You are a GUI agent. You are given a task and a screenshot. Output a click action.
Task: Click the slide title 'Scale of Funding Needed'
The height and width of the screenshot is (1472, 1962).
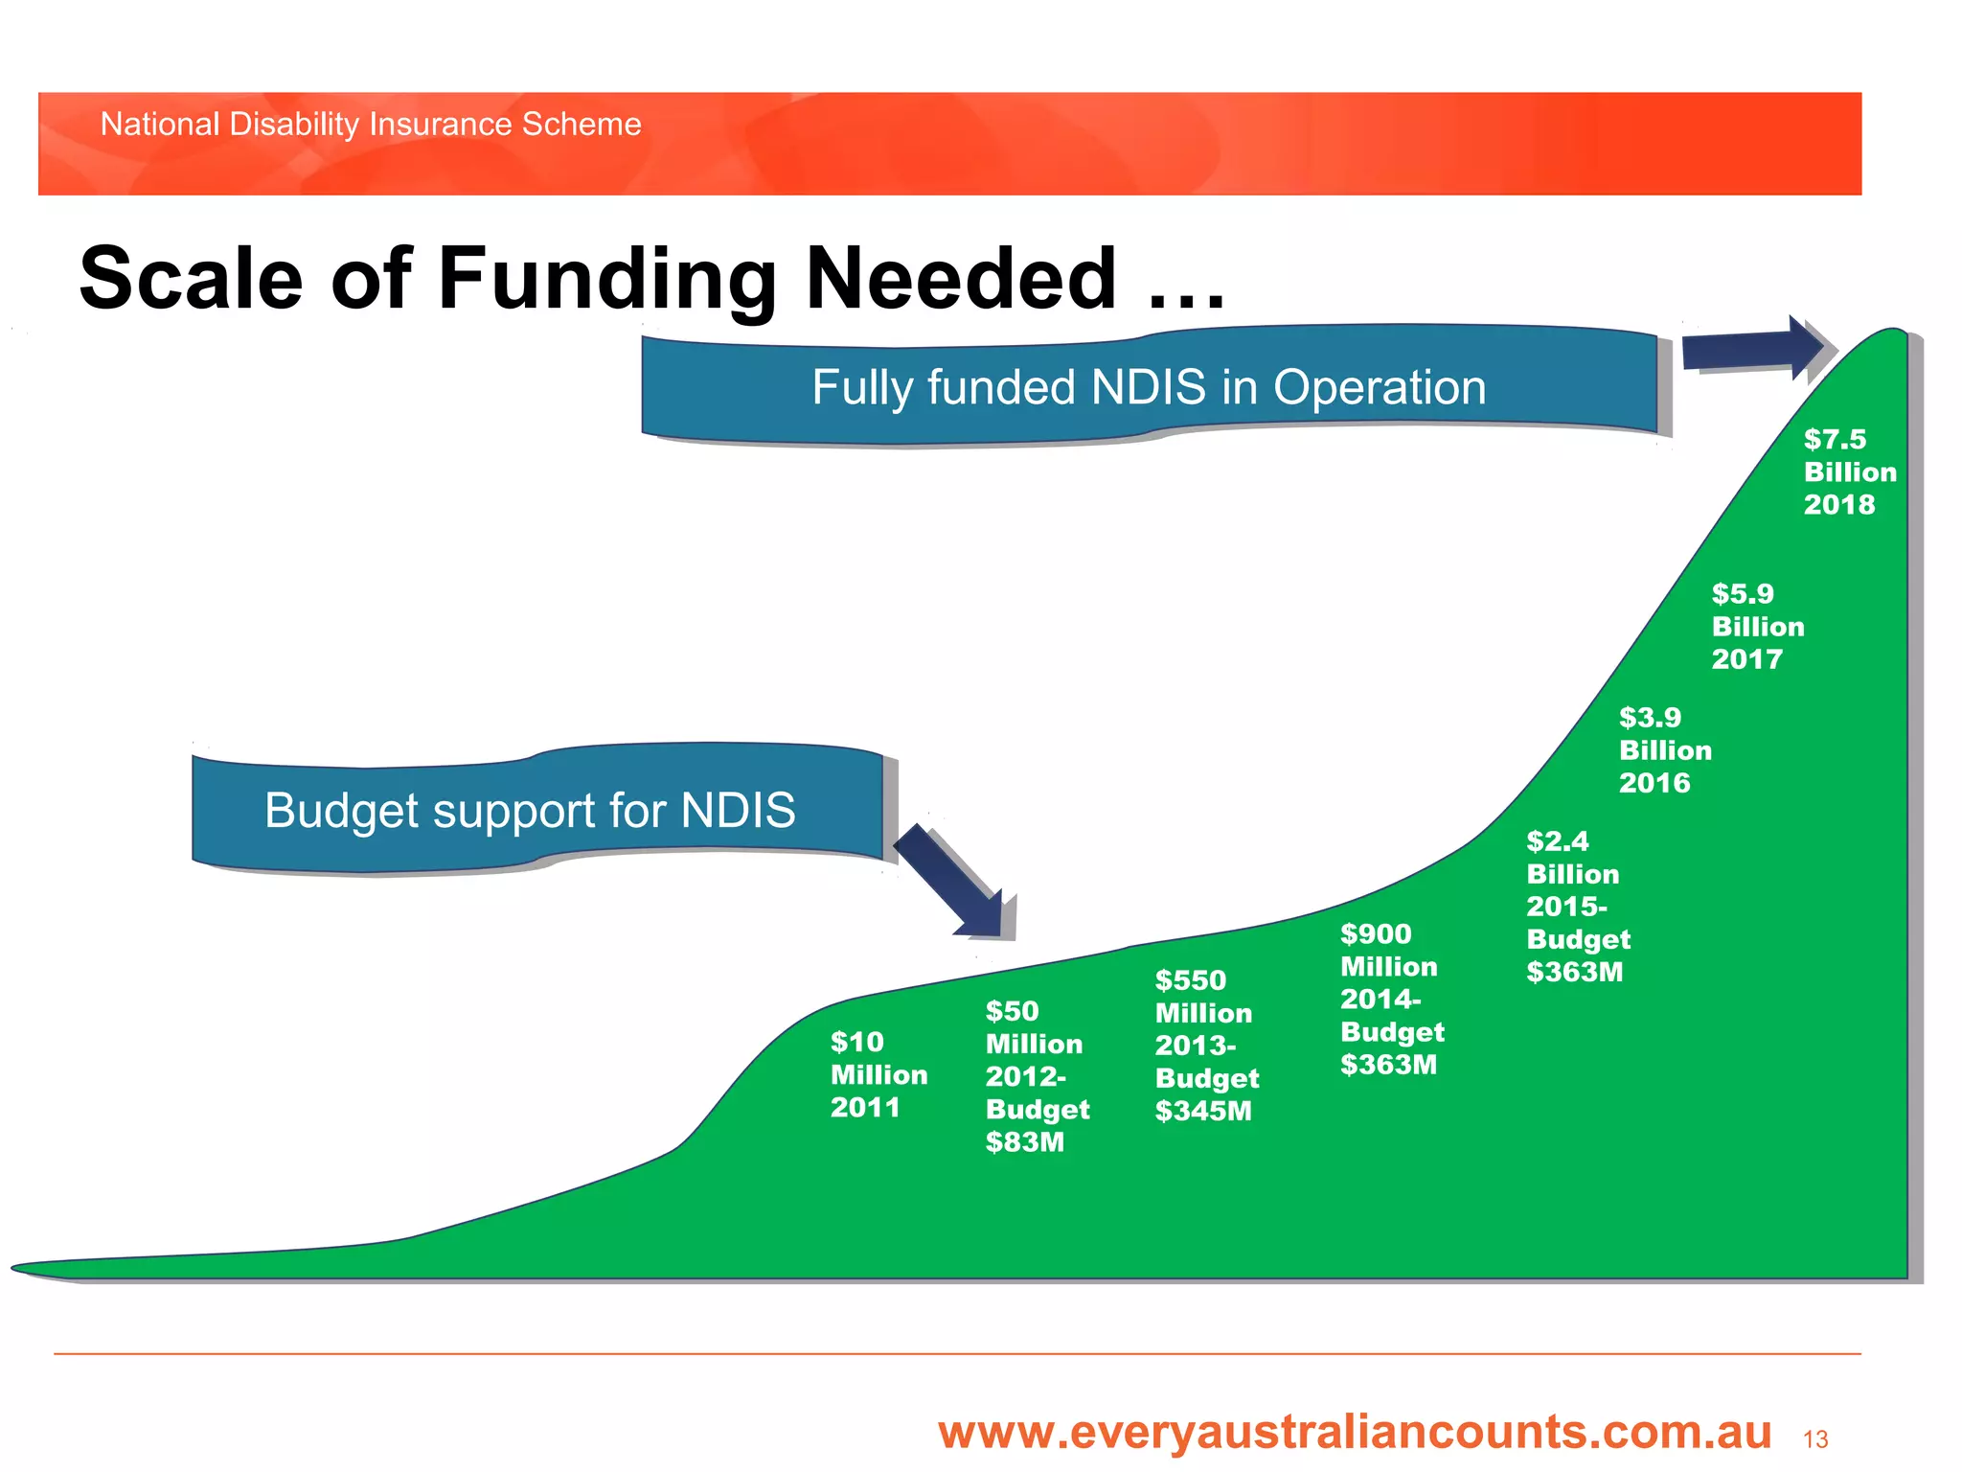pos(651,280)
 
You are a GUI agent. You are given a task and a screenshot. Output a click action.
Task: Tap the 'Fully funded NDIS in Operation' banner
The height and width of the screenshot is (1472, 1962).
pos(1149,388)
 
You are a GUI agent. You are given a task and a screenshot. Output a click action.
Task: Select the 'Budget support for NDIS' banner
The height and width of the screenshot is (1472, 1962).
pos(530,811)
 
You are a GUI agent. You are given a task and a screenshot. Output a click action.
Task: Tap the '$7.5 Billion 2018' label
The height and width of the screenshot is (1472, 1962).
pos(1848,471)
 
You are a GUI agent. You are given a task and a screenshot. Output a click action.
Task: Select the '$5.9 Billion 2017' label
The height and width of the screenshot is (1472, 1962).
pos(1756,626)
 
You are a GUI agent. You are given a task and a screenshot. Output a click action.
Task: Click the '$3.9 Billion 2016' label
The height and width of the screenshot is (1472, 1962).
pos(1664,749)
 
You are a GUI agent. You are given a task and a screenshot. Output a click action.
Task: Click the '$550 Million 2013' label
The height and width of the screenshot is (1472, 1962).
pos(1202,1012)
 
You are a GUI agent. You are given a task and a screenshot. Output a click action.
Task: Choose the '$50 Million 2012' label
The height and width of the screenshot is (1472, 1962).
pos(1033,1043)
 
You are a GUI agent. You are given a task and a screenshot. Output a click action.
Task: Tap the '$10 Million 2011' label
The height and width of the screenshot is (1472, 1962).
pos(878,1074)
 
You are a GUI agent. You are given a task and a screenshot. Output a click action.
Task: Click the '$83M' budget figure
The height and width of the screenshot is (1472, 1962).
pos(1024,1142)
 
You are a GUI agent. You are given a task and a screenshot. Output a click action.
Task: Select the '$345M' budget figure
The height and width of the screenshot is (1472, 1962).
pos(1202,1112)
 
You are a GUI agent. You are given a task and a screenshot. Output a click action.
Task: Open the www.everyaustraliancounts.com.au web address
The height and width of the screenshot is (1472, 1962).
pos(1354,1433)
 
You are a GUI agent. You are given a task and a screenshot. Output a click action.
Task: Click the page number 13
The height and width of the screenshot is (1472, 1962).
pos(1814,1439)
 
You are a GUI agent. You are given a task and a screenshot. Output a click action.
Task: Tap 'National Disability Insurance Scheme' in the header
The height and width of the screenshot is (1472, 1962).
pos(371,125)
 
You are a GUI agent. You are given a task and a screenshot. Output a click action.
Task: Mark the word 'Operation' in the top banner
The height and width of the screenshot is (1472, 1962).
pos(1379,388)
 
